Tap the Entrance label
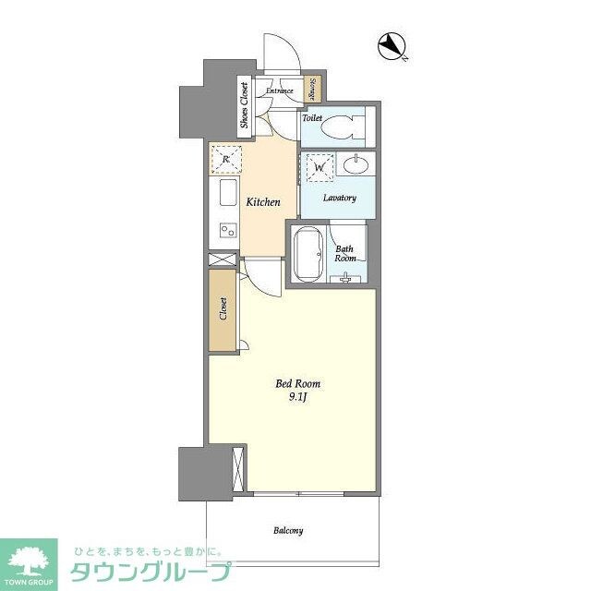click(x=280, y=90)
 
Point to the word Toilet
click(x=311, y=118)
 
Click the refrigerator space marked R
click(x=225, y=159)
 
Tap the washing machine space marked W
click(x=320, y=168)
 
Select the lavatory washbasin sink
click(x=355, y=166)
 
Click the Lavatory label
click(x=339, y=198)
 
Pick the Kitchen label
click(x=262, y=202)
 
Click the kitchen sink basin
click(x=227, y=194)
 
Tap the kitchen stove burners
click(x=226, y=230)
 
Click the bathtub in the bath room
click(x=308, y=253)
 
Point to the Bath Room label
click(x=345, y=253)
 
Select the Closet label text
click(x=223, y=309)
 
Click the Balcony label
click(x=287, y=531)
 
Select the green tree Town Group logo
click(x=30, y=560)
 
